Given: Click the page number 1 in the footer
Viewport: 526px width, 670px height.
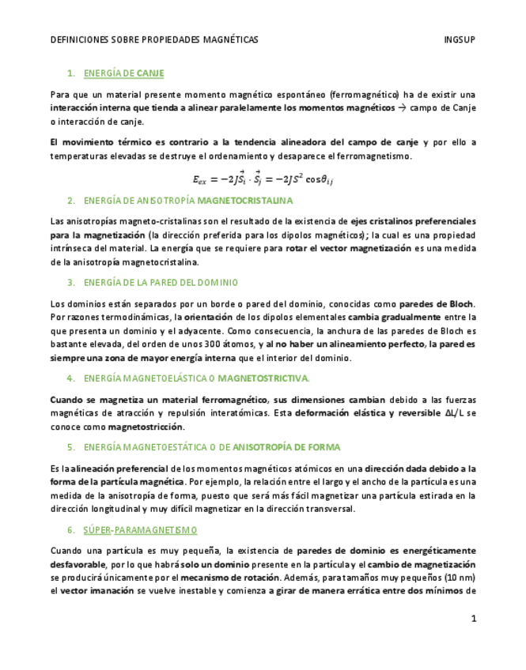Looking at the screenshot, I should pos(473,619).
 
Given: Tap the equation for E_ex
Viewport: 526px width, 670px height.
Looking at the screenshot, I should pos(261,180).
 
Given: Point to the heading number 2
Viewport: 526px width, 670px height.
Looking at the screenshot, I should pos(70,200).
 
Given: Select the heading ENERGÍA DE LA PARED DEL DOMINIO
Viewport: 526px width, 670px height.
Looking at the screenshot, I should pos(159,282).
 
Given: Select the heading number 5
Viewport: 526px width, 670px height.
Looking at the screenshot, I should pos(70,446).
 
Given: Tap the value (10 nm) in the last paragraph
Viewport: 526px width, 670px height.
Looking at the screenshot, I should pos(458,577).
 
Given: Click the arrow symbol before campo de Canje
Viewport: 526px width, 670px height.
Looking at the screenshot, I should pos(402,107).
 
